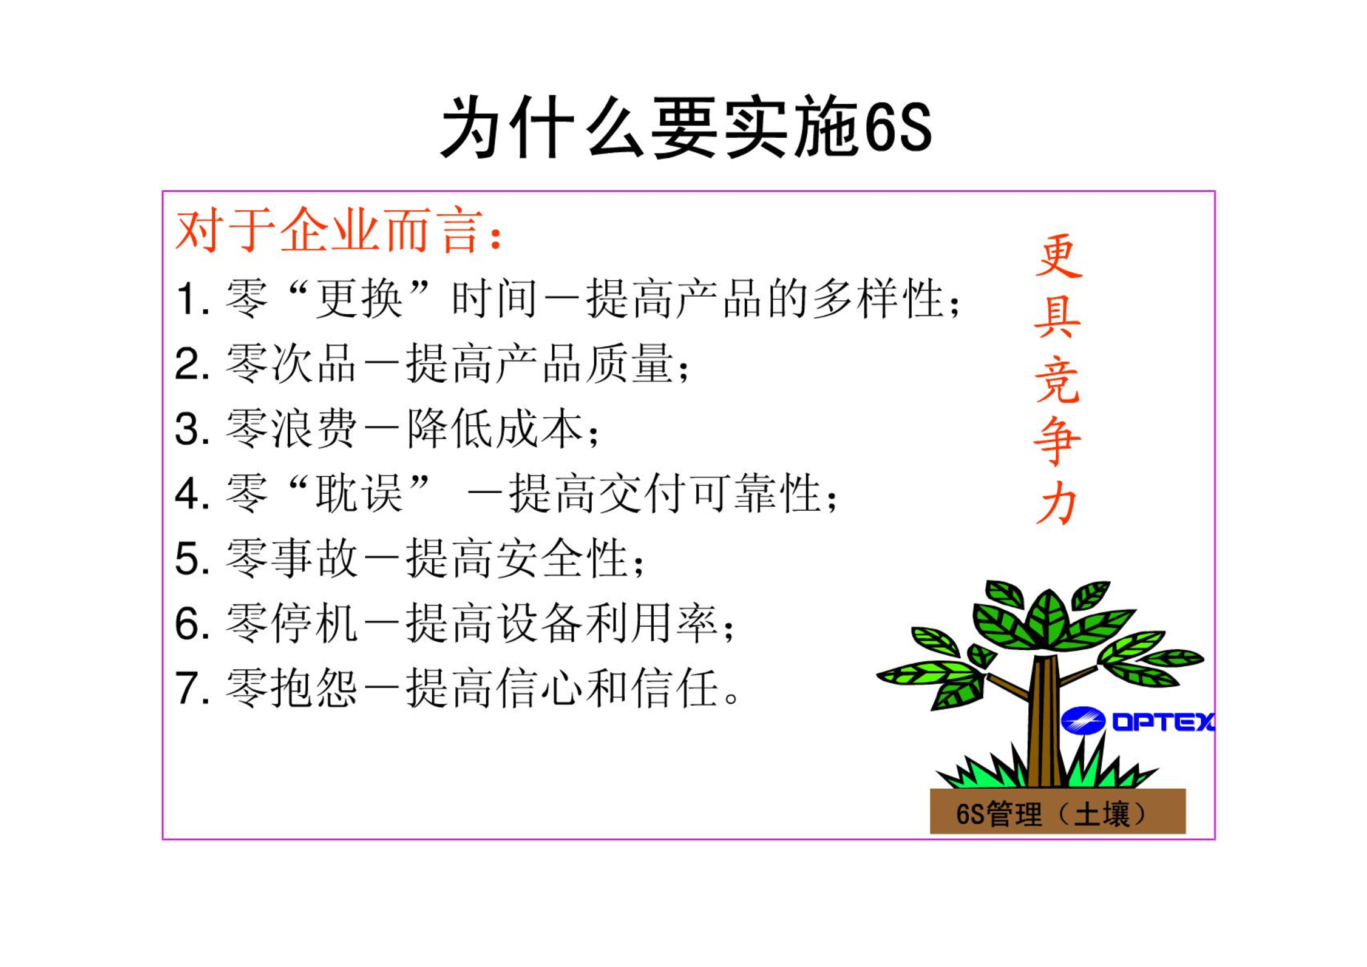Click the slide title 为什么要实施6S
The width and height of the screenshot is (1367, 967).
click(686, 128)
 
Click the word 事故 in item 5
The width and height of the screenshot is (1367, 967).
click(314, 558)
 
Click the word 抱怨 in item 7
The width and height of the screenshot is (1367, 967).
click(314, 688)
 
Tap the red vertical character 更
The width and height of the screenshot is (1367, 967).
click(1059, 255)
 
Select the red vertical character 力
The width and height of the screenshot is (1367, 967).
click(1057, 503)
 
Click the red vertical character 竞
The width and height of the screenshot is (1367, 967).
click(1057, 380)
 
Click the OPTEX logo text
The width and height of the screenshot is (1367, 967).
click(1163, 721)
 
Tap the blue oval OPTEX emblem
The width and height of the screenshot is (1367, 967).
click(1083, 721)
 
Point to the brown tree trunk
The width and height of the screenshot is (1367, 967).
click(1045, 722)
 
